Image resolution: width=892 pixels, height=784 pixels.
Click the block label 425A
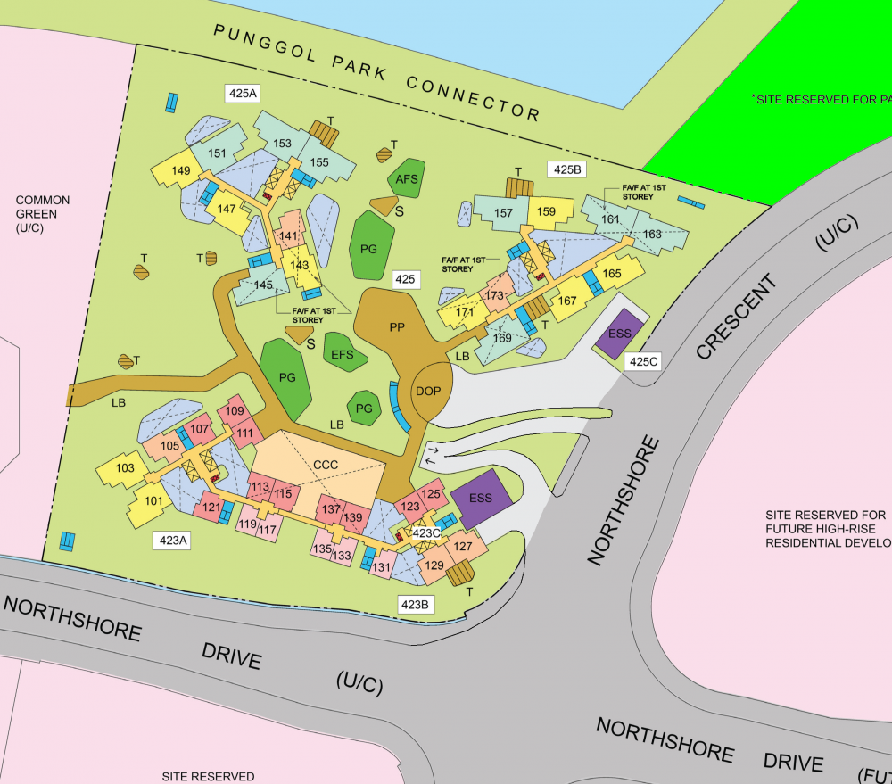[243, 93]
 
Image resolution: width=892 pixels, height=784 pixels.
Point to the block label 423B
[416, 605]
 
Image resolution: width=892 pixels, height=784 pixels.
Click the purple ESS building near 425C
[619, 334]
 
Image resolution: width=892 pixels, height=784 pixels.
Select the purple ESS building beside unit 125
[481, 497]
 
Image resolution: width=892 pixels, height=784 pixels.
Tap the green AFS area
[407, 180]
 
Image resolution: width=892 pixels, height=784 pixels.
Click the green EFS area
[343, 354]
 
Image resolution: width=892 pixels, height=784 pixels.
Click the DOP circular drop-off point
[428, 391]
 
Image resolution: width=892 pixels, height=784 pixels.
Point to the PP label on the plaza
[398, 326]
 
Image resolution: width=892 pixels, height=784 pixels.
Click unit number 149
[181, 170]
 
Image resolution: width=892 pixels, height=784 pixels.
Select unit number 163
[652, 234]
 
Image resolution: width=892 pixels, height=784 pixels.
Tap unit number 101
[153, 500]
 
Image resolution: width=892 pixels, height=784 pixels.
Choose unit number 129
[434, 565]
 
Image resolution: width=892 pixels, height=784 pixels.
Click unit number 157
[503, 212]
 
